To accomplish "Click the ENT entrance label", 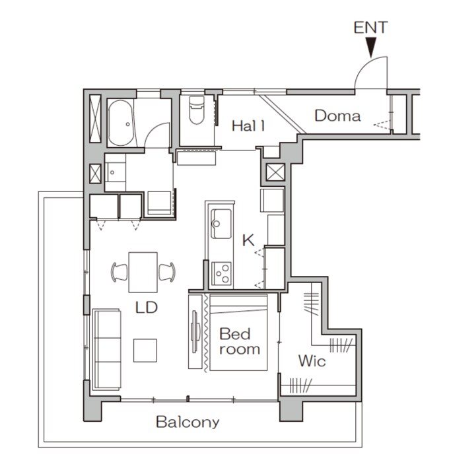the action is pyautogui.click(x=370, y=28).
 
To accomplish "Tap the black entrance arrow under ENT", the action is pyautogui.click(x=371, y=47).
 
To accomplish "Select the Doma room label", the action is pyautogui.click(x=337, y=116).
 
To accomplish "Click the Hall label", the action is pyautogui.click(x=248, y=125).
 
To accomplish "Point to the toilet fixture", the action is pyautogui.click(x=197, y=110).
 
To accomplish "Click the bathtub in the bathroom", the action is pyautogui.click(x=121, y=123).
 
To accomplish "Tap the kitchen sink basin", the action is pyautogui.click(x=221, y=224).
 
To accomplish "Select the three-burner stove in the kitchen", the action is pyautogui.click(x=221, y=273).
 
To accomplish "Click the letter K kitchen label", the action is pyautogui.click(x=248, y=240).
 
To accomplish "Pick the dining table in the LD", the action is pyautogui.click(x=143, y=272).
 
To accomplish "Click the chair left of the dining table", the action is pyautogui.click(x=119, y=272).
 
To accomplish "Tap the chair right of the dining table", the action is pyautogui.click(x=167, y=272).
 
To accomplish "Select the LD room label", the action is pyautogui.click(x=146, y=308).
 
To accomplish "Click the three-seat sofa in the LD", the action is pyautogui.click(x=107, y=349).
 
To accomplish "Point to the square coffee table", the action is pyautogui.click(x=145, y=351).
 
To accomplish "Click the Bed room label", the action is pyautogui.click(x=240, y=341).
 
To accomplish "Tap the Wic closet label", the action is pyautogui.click(x=312, y=361).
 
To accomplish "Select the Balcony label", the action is pyautogui.click(x=188, y=422).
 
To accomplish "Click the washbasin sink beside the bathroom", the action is pyautogui.click(x=116, y=172).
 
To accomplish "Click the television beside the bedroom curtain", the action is pyautogui.click(x=194, y=331).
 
